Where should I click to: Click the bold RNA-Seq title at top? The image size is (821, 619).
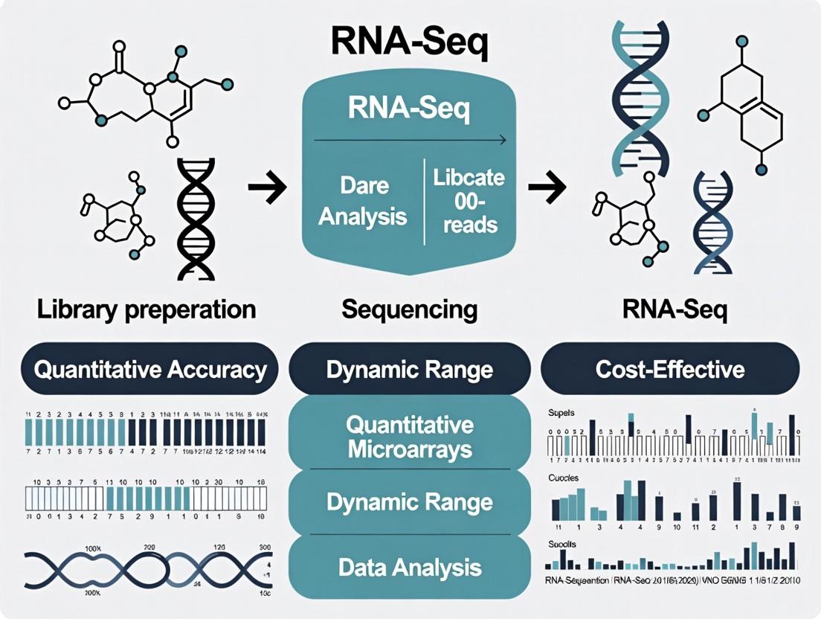point(410,42)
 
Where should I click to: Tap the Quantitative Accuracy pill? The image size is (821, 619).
point(151,369)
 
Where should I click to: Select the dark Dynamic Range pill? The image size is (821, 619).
point(409,369)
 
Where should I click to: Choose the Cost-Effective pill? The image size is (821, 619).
point(670,369)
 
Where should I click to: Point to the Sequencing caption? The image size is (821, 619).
point(409,309)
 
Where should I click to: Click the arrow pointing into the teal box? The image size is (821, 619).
point(267,191)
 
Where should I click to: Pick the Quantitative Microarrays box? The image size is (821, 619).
point(409,437)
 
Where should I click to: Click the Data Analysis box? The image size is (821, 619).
point(409,568)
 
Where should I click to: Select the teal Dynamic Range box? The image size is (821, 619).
point(409,502)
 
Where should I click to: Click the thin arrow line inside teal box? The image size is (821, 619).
point(409,140)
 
